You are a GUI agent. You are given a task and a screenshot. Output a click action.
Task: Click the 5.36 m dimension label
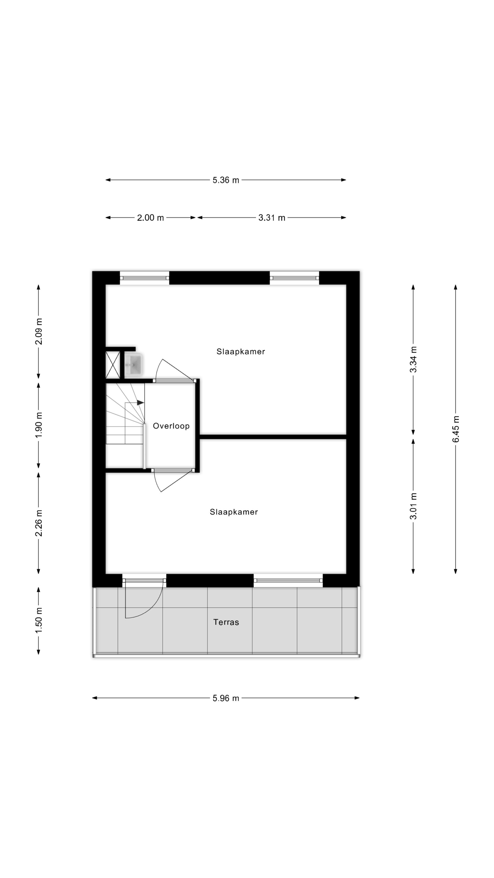(x=226, y=180)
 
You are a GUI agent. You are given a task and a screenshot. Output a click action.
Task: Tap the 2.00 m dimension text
(x=150, y=217)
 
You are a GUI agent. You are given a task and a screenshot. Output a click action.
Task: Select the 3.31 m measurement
(x=272, y=217)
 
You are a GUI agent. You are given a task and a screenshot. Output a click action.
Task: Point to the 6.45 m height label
(x=456, y=429)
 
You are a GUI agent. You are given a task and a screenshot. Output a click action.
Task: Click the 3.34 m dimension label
(x=413, y=360)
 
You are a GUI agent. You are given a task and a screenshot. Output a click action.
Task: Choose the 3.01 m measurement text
(x=413, y=506)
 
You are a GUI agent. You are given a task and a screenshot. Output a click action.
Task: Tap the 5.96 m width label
(x=226, y=698)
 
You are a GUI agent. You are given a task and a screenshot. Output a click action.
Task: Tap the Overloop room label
(x=171, y=426)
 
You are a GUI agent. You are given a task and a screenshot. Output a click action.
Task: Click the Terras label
(x=226, y=622)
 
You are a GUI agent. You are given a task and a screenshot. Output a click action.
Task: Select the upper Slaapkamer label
(x=241, y=351)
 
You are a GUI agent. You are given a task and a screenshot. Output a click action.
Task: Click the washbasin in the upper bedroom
(x=133, y=365)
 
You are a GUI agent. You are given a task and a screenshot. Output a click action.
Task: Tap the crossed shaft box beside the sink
(x=113, y=365)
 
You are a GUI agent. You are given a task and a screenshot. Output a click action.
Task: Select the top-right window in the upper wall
(x=294, y=278)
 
